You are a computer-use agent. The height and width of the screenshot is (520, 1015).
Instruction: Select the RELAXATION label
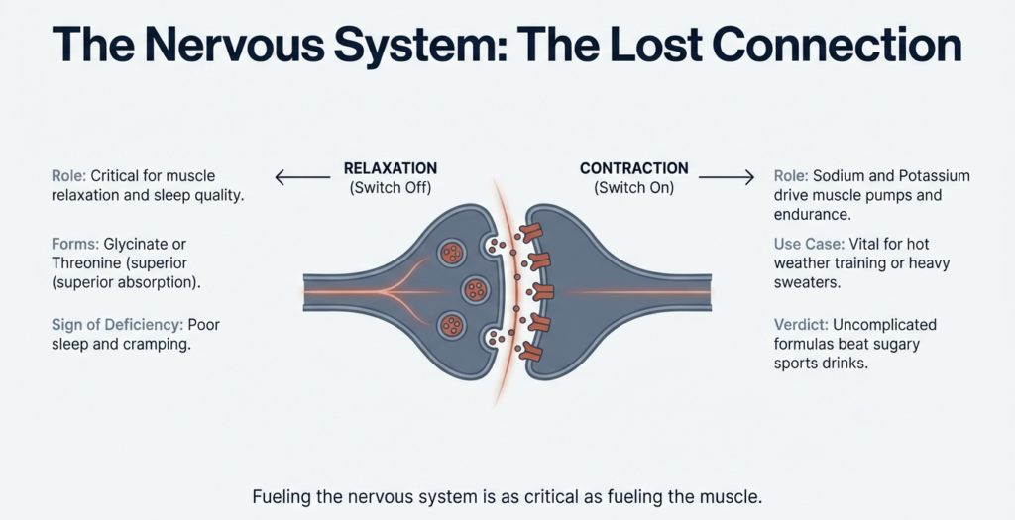pos(390,168)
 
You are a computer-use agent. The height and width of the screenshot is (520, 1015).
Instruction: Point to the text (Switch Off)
pos(390,188)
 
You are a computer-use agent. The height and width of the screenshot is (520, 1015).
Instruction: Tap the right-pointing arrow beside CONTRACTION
pos(726,178)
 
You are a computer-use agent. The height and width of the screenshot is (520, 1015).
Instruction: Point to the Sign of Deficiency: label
pos(116,325)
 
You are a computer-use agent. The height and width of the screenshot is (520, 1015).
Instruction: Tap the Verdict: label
pos(801,325)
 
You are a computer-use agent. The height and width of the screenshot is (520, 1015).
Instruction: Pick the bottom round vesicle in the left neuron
pos(454,324)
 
